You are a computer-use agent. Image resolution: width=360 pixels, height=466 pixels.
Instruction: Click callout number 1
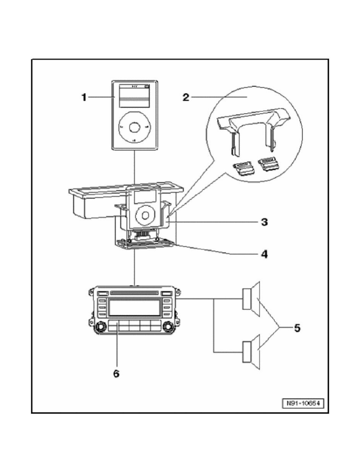pos(84,97)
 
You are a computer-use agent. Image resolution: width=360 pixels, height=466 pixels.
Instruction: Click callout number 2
pos(186,97)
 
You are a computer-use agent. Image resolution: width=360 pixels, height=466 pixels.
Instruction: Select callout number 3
pos(264,222)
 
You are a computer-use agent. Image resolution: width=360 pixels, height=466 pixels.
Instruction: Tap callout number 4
pos(264,254)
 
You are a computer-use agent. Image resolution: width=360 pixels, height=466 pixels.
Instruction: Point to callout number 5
pos(297,328)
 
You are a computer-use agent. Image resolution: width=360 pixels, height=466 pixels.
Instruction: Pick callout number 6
pos(116,373)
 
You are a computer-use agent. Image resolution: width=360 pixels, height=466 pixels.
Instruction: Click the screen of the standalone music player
pos(134,96)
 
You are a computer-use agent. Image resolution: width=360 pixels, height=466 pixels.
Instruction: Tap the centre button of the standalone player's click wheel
pos(134,127)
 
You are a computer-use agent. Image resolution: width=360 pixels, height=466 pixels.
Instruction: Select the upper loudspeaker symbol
pos(251,299)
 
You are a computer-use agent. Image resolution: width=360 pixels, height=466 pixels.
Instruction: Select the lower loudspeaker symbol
pos(251,352)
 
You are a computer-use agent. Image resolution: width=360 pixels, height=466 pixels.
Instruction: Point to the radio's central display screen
pos(134,307)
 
